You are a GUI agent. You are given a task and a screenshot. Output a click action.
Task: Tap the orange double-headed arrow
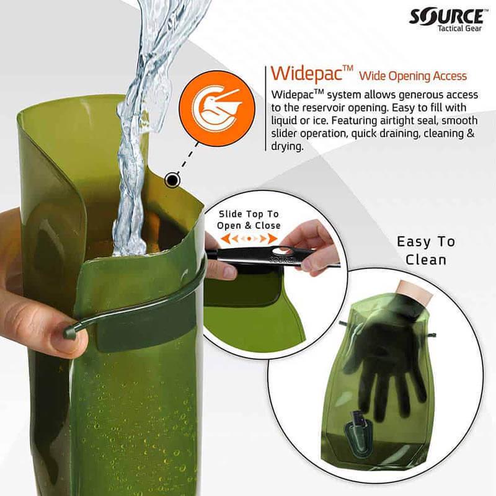[249, 238]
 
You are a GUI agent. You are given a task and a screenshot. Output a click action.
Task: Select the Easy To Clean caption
[425, 250]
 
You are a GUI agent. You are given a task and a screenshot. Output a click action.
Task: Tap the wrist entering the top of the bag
[412, 291]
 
